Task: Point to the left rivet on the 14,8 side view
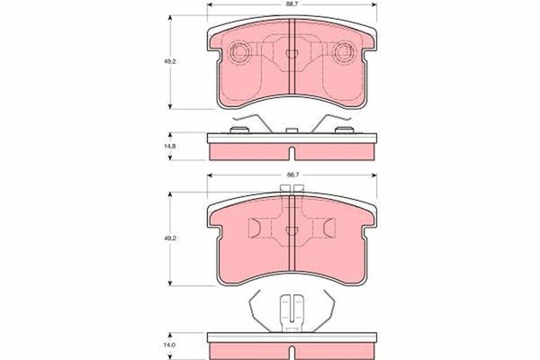[x=240, y=131]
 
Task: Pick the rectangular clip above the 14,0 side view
[x=291, y=312]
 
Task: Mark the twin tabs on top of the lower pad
[x=291, y=189]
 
